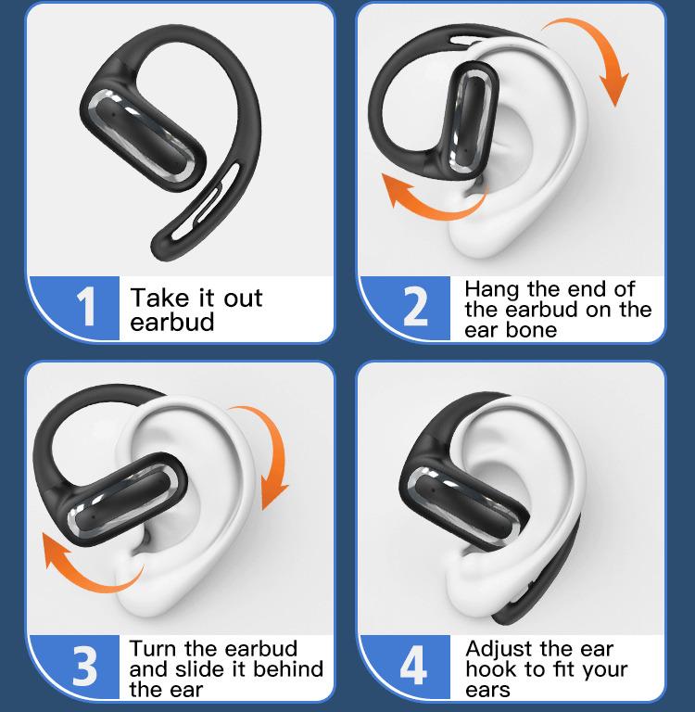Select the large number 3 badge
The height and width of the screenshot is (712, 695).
[85, 666]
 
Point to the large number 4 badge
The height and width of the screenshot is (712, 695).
[414, 666]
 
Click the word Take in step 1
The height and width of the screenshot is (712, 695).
[158, 299]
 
